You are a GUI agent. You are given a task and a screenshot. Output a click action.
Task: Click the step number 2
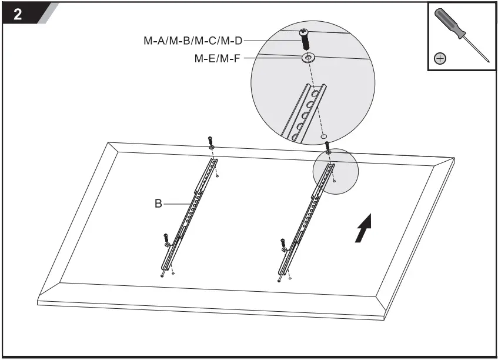(x=18, y=15)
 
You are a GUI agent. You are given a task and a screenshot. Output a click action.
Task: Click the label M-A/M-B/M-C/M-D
(x=192, y=41)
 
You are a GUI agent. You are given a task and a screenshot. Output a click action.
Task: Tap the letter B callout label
(x=158, y=204)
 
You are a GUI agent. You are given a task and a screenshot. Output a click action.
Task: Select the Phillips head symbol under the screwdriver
(x=440, y=58)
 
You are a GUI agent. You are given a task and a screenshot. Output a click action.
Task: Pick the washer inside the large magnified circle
(x=308, y=58)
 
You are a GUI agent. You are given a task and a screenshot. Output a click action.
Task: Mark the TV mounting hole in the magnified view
(x=325, y=135)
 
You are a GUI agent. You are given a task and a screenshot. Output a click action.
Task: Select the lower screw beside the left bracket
(x=166, y=238)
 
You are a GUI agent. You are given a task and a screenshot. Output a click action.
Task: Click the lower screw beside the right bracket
(x=283, y=242)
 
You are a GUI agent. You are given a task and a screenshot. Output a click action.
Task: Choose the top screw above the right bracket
(x=327, y=144)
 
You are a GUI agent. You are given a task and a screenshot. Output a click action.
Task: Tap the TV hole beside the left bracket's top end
(x=218, y=175)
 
